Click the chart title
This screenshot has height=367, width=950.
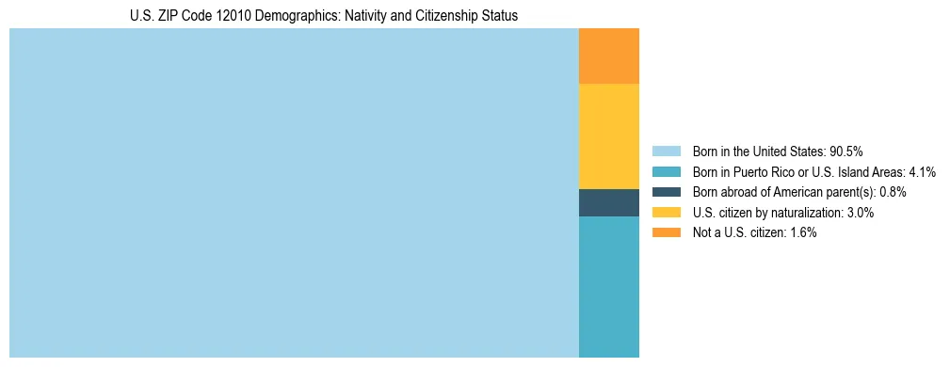click(x=324, y=16)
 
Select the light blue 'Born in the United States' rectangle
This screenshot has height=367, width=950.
click(x=294, y=193)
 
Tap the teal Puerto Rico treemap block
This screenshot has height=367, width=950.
click(x=609, y=287)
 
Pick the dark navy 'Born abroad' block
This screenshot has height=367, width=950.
click(x=609, y=202)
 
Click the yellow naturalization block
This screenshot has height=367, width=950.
click(x=609, y=136)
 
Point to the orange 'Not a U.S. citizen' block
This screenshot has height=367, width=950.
click(x=609, y=56)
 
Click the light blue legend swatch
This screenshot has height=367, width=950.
click(x=666, y=152)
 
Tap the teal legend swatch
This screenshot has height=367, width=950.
click(x=666, y=172)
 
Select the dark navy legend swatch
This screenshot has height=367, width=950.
click(x=666, y=192)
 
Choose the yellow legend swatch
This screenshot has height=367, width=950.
click(x=666, y=213)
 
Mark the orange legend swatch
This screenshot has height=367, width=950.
click(x=666, y=232)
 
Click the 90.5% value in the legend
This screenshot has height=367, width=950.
click(x=846, y=152)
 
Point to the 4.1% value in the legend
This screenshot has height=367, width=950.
click(x=922, y=172)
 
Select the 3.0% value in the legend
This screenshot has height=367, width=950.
click(x=860, y=213)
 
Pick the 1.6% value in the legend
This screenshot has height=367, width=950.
click(x=802, y=232)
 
